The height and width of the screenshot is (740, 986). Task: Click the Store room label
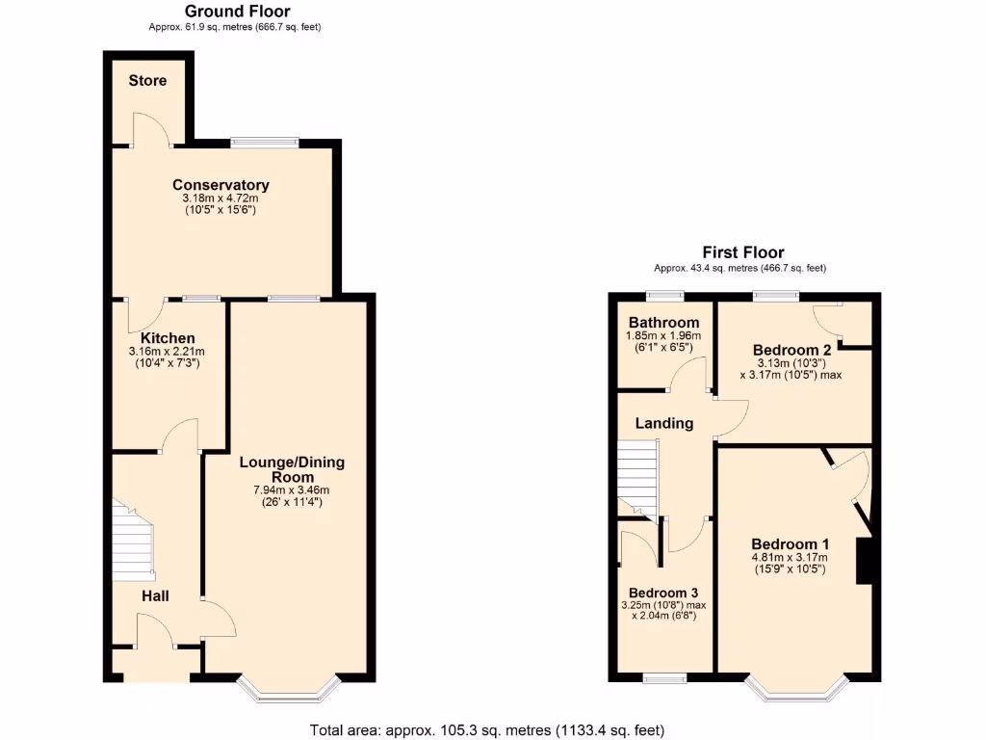[x=147, y=81]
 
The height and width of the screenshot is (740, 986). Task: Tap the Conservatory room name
[x=221, y=185]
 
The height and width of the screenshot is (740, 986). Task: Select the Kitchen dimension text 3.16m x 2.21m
[x=168, y=352]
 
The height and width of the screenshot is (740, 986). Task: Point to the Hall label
[x=155, y=596]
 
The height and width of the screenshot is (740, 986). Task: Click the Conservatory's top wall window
[x=264, y=143]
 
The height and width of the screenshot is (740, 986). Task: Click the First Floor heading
[x=742, y=252]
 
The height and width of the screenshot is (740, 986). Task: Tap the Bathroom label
[x=663, y=322]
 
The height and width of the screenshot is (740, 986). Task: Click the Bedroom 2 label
[x=791, y=350]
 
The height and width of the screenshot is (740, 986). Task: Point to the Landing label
[x=664, y=423]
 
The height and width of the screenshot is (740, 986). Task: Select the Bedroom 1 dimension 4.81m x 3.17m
[x=790, y=557]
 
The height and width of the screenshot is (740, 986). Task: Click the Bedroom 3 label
[x=662, y=593]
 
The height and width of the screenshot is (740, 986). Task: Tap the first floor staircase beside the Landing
[x=636, y=477]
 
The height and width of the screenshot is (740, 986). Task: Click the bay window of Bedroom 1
[x=796, y=686]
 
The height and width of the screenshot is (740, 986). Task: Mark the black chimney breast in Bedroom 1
[x=865, y=561]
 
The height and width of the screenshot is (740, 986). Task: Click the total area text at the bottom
[x=486, y=729]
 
